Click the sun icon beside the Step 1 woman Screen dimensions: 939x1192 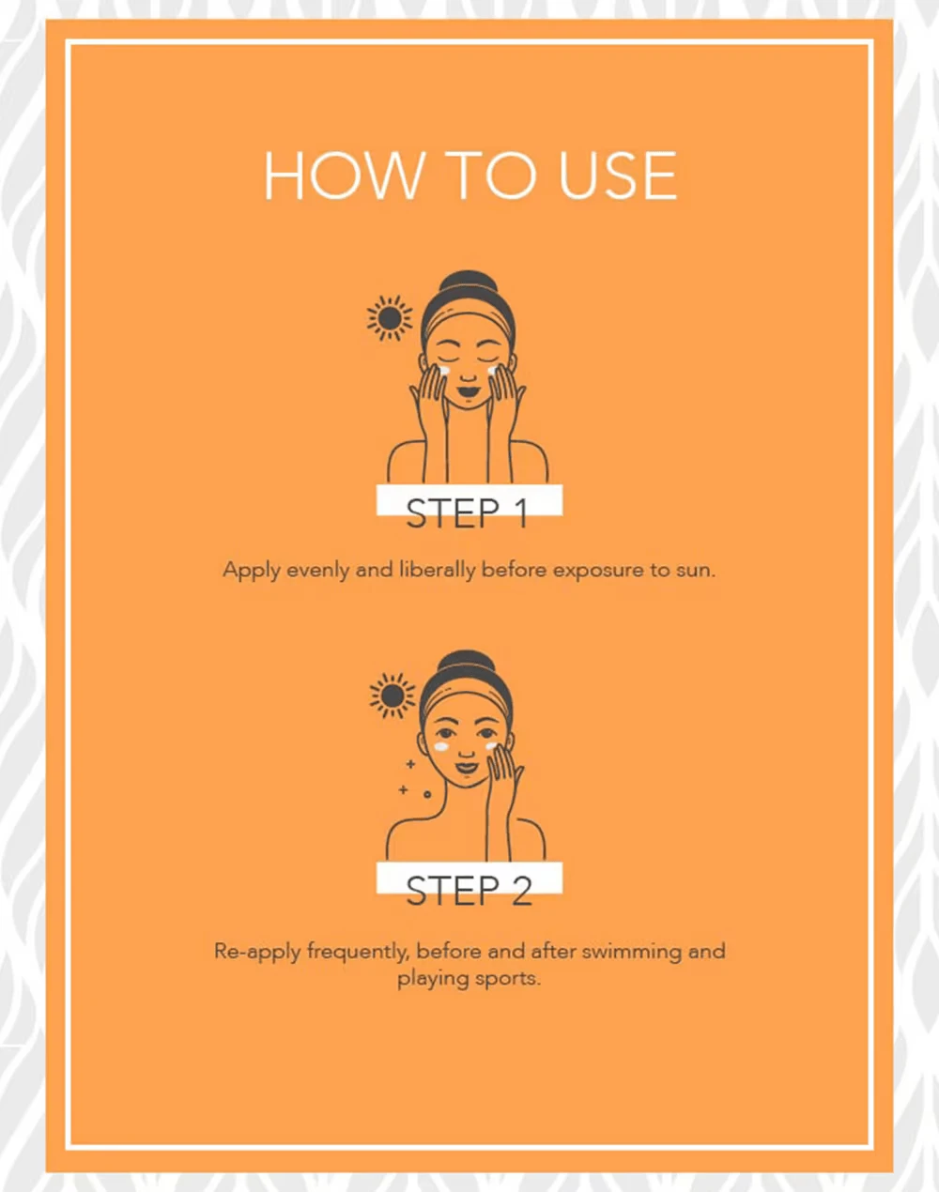coord(390,318)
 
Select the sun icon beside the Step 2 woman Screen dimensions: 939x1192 coord(393,695)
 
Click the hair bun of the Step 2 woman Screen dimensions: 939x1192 coord(467,661)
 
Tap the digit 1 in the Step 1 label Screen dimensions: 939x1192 coord(520,513)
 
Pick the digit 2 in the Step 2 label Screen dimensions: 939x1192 coord(521,892)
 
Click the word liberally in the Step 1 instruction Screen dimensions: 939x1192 coord(438,570)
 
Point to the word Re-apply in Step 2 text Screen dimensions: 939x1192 coord(257,952)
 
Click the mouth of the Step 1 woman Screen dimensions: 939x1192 coord(469,391)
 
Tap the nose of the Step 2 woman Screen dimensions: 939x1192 coord(467,753)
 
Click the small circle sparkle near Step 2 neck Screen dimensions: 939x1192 coord(427,795)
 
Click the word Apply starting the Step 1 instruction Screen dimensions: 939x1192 coord(252,571)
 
